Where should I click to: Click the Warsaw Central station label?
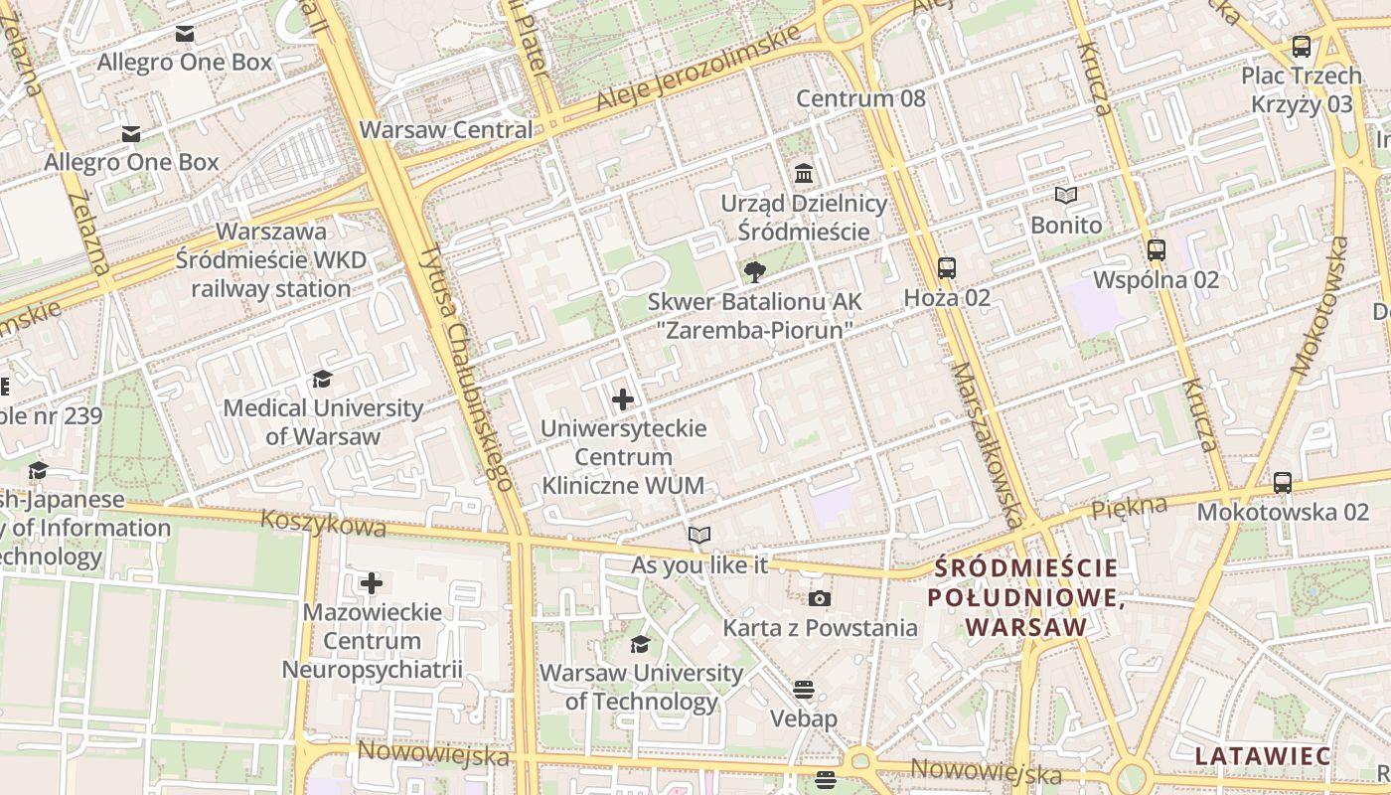click(446, 130)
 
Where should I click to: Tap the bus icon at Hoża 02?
click(946, 268)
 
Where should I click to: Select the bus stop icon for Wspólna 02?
click(1156, 250)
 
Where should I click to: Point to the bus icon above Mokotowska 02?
click(1283, 483)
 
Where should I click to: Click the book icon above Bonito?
click(1066, 196)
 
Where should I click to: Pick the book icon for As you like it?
click(699, 536)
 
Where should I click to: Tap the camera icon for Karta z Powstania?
click(820, 598)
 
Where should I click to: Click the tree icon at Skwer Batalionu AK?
click(755, 271)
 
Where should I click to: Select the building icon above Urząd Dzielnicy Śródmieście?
click(804, 174)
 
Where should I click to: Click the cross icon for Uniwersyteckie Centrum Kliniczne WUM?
click(623, 399)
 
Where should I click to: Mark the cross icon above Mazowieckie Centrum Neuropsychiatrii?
click(372, 582)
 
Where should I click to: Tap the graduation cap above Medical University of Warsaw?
click(322, 379)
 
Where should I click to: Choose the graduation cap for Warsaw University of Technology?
click(641, 644)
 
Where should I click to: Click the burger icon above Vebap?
click(804, 689)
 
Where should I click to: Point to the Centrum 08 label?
click(860, 98)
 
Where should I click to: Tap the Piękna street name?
click(1129, 507)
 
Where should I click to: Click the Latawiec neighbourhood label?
click(1262, 756)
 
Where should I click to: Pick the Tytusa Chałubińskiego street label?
click(464, 367)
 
